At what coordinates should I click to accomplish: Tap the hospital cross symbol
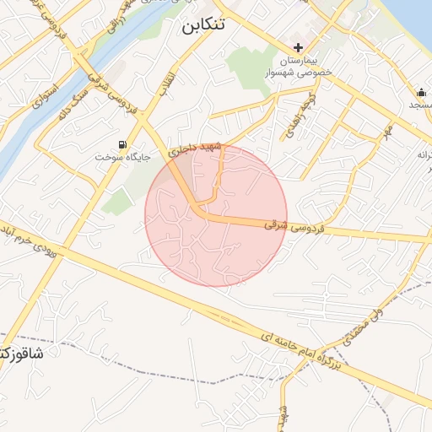[x=297, y=47]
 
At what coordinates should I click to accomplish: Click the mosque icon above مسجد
[x=421, y=92]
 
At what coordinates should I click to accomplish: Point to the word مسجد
[x=419, y=105]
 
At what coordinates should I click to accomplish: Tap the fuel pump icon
[x=124, y=144]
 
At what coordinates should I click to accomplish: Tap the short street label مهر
[x=387, y=132]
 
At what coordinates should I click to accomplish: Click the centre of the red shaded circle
[x=216, y=215]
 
